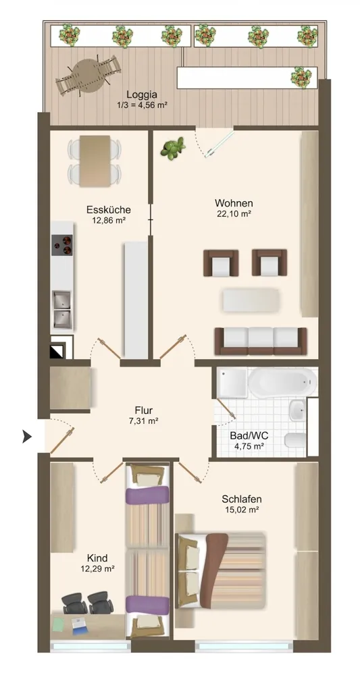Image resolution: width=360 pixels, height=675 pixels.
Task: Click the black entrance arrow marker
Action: click(x=27, y=437)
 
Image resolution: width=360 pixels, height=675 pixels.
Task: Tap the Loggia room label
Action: click(x=142, y=94)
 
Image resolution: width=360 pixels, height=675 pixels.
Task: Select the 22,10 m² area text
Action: click(x=234, y=214)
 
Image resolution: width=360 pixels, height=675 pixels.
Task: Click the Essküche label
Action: click(x=109, y=210)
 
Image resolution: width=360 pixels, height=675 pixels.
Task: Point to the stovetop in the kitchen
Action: click(x=62, y=245)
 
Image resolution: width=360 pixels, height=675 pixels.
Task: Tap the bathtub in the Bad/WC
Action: click(x=282, y=383)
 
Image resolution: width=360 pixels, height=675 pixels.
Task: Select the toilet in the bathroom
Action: click(x=295, y=440)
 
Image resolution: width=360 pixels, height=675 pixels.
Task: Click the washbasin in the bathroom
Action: click(x=298, y=410)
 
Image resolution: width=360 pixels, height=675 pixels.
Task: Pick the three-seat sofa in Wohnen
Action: click(x=261, y=341)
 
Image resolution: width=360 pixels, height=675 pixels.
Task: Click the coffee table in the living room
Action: click(x=251, y=300)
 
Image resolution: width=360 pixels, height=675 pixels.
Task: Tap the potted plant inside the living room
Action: click(x=173, y=148)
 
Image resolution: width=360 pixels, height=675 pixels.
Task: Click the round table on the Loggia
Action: click(x=88, y=76)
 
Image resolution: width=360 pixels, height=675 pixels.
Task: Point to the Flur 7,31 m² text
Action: click(x=143, y=415)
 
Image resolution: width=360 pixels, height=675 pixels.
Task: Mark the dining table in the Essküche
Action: click(x=95, y=161)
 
